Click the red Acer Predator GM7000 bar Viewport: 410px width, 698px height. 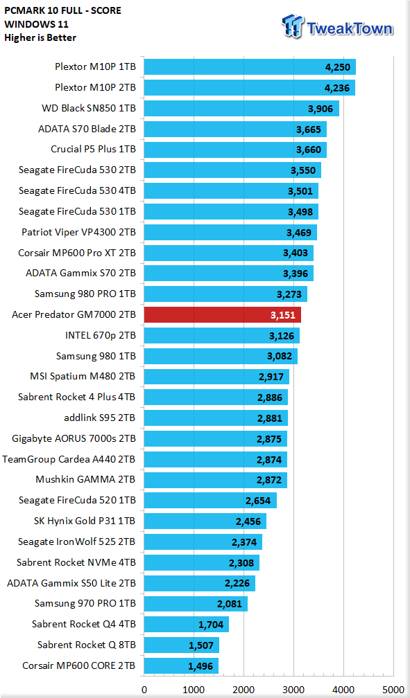pyautogui.click(x=222, y=314)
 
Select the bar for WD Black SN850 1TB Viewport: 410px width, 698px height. pyautogui.click(x=241, y=109)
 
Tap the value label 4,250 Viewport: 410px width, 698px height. pyautogui.click(x=338, y=68)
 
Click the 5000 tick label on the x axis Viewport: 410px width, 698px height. pyautogui.click(x=393, y=690)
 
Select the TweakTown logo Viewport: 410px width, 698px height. pyautogui.click(x=338, y=27)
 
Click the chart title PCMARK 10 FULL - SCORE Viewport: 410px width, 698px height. pyautogui.click(x=63, y=10)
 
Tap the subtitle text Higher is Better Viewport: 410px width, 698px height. pyautogui.click(x=40, y=38)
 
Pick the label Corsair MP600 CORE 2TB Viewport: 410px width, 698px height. pyautogui.click(x=79, y=666)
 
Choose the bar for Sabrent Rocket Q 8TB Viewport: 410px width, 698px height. pyautogui.click(x=181, y=645)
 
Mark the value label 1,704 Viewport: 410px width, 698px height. pyautogui.click(x=211, y=625)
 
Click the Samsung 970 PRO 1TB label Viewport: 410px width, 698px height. pyautogui.click(x=85, y=604)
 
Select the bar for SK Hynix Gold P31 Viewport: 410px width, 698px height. pyautogui.click(x=205, y=521)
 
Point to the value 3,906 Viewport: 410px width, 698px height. pyautogui.click(x=321, y=109)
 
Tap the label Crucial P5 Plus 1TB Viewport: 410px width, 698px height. pyautogui.click(x=93, y=149)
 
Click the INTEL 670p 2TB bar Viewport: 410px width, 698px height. pyautogui.click(x=222, y=336)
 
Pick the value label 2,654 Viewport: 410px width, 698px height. pyautogui.click(x=258, y=501)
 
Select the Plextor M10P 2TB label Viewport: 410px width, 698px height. pyautogui.click(x=96, y=87)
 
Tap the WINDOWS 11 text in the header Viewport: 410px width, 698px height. pyautogui.click(x=37, y=24)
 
